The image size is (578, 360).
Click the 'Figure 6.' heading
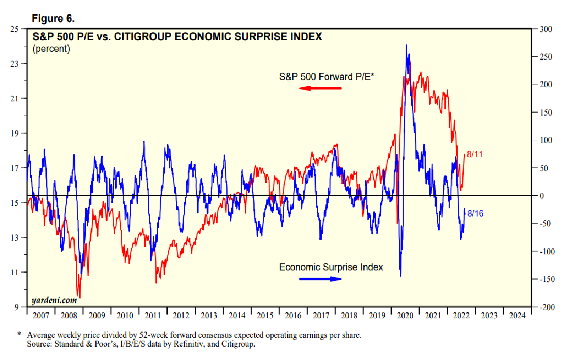coord(53,18)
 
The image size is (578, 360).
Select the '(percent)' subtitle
coord(51,49)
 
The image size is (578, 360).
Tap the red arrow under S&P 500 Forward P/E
coord(320,89)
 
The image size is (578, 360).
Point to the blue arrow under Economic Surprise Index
coord(320,279)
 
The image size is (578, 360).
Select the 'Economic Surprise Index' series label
coord(331,267)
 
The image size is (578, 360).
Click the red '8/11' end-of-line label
coord(475,154)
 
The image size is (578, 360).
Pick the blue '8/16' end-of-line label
coord(475,214)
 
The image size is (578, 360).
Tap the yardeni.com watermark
coord(54,300)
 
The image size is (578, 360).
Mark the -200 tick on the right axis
coord(545,307)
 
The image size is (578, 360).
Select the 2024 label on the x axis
coord(517,315)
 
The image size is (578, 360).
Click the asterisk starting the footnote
coord(19,334)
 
